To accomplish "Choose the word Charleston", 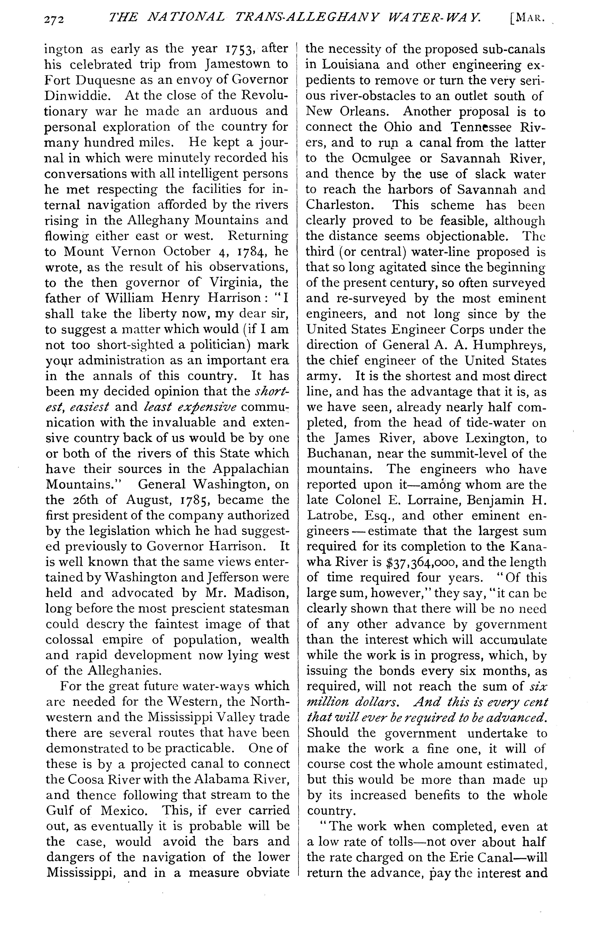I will click(x=342, y=205).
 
